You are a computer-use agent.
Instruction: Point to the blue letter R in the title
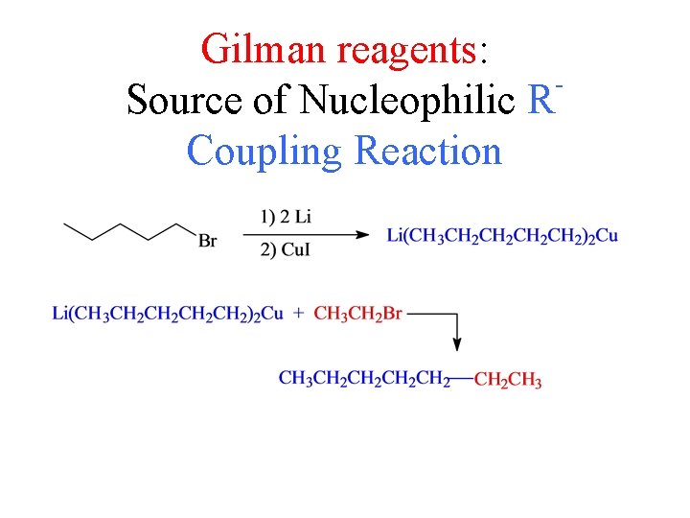click(540, 99)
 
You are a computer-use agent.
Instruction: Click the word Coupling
click(265, 151)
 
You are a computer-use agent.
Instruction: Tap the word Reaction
click(427, 151)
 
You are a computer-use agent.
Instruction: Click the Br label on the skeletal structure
click(207, 241)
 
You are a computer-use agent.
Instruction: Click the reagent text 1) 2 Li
click(285, 217)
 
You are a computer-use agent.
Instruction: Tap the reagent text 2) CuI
click(285, 251)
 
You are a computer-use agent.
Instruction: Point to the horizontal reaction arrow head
click(363, 233)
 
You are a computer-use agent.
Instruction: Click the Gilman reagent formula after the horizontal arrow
click(502, 235)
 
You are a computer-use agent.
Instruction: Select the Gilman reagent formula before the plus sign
click(168, 314)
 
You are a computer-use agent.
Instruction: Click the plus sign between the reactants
click(298, 313)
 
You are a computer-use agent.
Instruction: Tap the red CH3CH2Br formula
click(357, 314)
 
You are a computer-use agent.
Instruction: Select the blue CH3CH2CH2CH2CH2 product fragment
click(364, 379)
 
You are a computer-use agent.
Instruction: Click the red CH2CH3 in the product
click(508, 381)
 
